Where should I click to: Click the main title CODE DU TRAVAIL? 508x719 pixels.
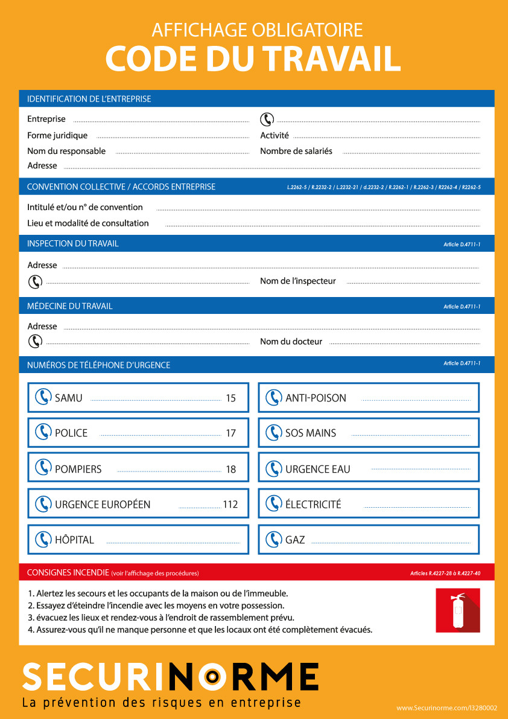(x=253, y=59)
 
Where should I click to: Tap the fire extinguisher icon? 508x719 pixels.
(x=458, y=610)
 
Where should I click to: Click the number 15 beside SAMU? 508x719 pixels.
(x=230, y=398)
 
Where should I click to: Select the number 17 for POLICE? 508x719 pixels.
(x=230, y=433)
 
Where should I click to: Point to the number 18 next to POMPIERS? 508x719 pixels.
(x=230, y=469)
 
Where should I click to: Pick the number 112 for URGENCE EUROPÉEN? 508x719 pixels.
(x=230, y=504)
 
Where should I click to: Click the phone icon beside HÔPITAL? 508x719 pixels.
(x=42, y=539)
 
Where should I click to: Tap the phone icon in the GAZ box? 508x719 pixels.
(x=273, y=539)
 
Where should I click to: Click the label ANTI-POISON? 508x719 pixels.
(x=316, y=398)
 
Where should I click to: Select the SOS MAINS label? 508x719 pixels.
(x=311, y=433)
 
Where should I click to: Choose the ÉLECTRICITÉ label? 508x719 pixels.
(x=313, y=504)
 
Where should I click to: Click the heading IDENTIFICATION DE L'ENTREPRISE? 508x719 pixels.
(x=89, y=99)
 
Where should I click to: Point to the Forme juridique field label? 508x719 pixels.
(x=57, y=136)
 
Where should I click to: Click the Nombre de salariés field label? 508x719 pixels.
(x=296, y=152)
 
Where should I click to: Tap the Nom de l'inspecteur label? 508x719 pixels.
(x=298, y=281)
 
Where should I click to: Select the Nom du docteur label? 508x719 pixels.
(x=291, y=342)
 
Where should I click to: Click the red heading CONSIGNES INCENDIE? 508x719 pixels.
(x=68, y=572)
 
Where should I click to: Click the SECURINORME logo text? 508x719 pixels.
(x=170, y=677)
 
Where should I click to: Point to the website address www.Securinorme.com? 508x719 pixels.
(x=446, y=708)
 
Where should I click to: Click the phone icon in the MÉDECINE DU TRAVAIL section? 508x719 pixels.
(x=35, y=341)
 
